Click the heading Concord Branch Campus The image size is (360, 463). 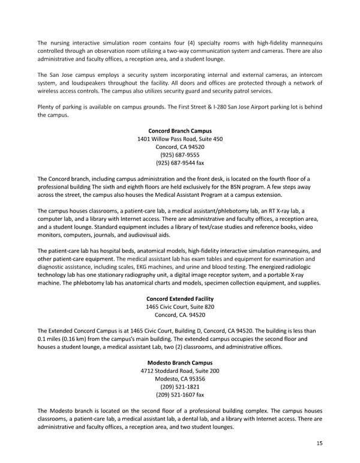pyautogui.click(x=179, y=131)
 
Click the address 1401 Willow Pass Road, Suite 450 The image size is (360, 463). pyautogui.click(x=180, y=139)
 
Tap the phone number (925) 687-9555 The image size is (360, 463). pyautogui.click(x=179, y=154)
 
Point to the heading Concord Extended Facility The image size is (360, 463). pyautogui.click(x=179, y=299)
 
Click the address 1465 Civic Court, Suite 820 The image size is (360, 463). pyautogui.click(x=180, y=307)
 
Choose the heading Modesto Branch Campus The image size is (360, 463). pyautogui.click(x=179, y=363)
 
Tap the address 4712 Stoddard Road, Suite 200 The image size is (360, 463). pyautogui.click(x=179, y=371)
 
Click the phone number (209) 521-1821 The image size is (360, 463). pyautogui.click(x=179, y=387)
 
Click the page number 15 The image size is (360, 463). pyautogui.click(x=319, y=443)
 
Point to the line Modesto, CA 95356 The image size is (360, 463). pyautogui.click(x=179, y=378)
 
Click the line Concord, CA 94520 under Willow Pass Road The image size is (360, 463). pyautogui.click(x=179, y=147)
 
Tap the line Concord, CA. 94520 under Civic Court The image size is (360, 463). pyautogui.click(x=180, y=315)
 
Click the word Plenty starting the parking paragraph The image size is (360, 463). pyautogui.click(x=46, y=107)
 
